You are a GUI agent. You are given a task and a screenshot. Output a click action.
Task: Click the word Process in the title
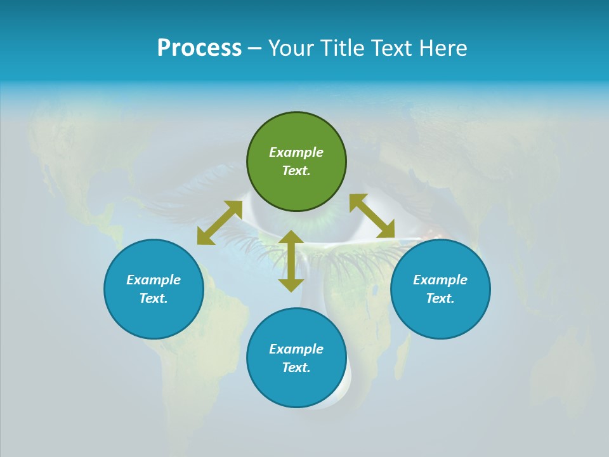click(x=199, y=48)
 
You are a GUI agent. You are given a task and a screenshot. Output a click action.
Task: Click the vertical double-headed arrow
click(x=291, y=261)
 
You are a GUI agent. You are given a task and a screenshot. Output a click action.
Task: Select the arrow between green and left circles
click(x=219, y=222)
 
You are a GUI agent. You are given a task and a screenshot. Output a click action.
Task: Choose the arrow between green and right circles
click(x=372, y=216)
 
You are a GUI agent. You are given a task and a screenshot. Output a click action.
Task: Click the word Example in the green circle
click(x=296, y=152)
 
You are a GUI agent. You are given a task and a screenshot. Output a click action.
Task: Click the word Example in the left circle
click(x=154, y=280)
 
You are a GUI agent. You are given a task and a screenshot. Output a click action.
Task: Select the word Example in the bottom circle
click(x=296, y=349)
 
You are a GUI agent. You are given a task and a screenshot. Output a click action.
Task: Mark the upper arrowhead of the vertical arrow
click(x=291, y=237)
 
